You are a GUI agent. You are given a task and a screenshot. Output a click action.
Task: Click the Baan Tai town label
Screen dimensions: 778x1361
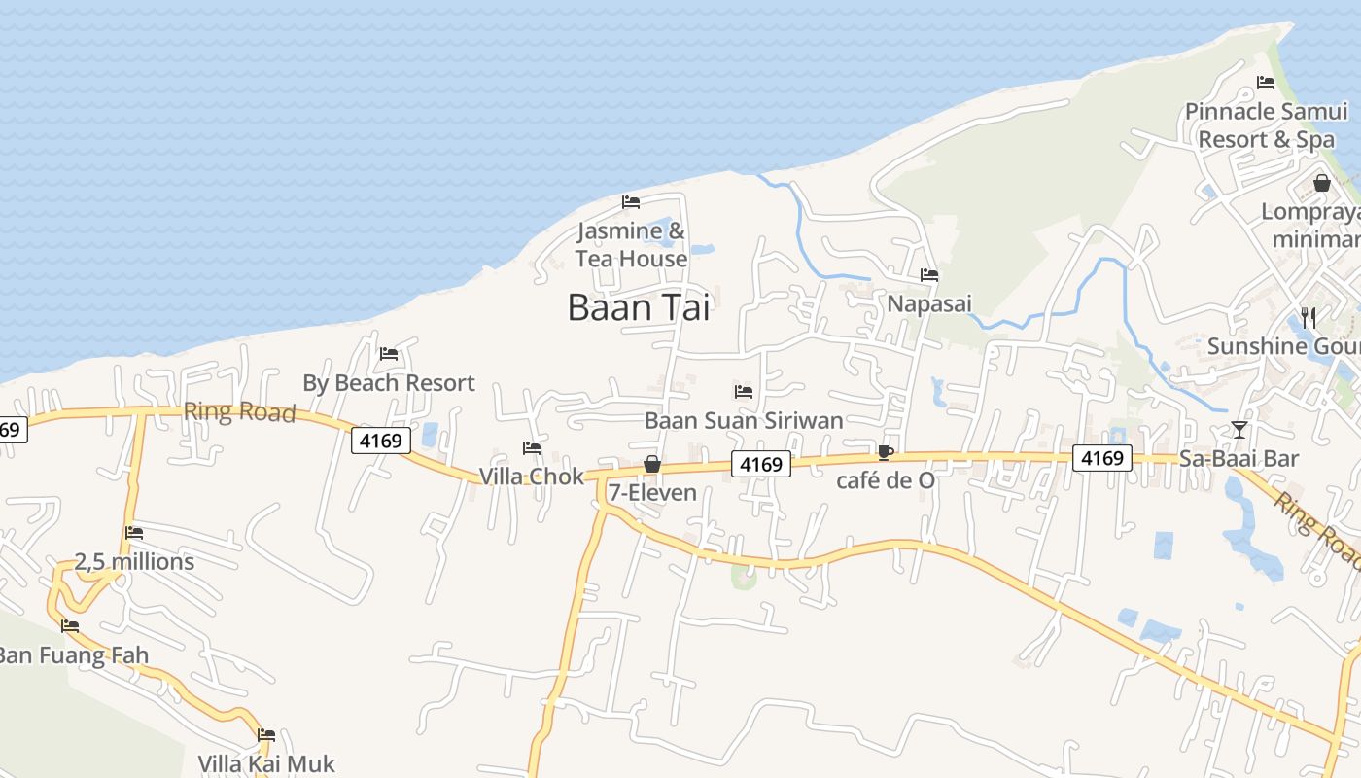pyautogui.click(x=639, y=307)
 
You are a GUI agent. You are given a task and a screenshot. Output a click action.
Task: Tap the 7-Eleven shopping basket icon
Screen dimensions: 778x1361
pyautogui.click(x=652, y=465)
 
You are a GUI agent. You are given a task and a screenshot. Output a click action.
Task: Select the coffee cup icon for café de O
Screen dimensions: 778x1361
pyautogui.click(x=885, y=452)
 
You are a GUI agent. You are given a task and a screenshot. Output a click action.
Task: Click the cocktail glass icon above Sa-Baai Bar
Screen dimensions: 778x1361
pyautogui.click(x=1239, y=429)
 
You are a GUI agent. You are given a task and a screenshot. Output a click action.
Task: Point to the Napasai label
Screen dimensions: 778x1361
pyautogui.click(x=929, y=303)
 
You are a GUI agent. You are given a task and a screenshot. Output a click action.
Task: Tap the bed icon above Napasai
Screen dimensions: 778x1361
pyautogui.click(x=929, y=275)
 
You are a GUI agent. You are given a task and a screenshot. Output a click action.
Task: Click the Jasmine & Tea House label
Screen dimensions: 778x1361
pyautogui.click(x=631, y=245)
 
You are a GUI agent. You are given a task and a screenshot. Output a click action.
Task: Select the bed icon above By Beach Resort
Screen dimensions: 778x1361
pyautogui.click(x=389, y=354)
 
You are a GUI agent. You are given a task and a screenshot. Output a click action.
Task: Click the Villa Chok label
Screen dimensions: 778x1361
pyautogui.click(x=532, y=477)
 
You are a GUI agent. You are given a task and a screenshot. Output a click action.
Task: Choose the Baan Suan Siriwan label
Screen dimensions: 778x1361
pyautogui.click(x=744, y=420)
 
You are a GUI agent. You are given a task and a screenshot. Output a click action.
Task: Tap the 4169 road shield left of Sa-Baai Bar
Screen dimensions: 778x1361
pyautogui.click(x=1102, y=457)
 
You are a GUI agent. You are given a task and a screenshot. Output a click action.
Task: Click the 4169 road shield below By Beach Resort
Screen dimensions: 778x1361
pyautogui.click(x=380, y=441)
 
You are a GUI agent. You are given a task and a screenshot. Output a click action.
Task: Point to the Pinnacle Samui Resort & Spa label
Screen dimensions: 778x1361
pyautogui.click(x=1266, y=125)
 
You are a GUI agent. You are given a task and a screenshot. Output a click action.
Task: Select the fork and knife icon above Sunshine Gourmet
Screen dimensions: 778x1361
pyautogui.click(x=1308, y=317)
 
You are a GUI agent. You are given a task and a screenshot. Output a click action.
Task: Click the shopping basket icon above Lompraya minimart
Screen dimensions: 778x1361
pyautogui.click(x=1321, y=183)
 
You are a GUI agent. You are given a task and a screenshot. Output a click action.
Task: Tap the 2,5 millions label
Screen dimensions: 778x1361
pyautogui.click(x=134, y=562)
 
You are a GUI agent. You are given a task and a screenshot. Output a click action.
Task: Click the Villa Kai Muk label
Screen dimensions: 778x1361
pyautogui.click(x=266, y=763)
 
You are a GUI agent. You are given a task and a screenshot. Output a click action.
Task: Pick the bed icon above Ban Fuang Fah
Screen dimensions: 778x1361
pyautogui.click(x=69, y=626)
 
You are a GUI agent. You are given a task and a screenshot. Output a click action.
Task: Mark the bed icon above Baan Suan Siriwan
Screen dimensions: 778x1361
pyautogui.click(x=744, y=392)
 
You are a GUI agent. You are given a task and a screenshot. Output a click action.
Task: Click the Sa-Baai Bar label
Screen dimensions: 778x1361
pyautogui.click(x=1239, y=458)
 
